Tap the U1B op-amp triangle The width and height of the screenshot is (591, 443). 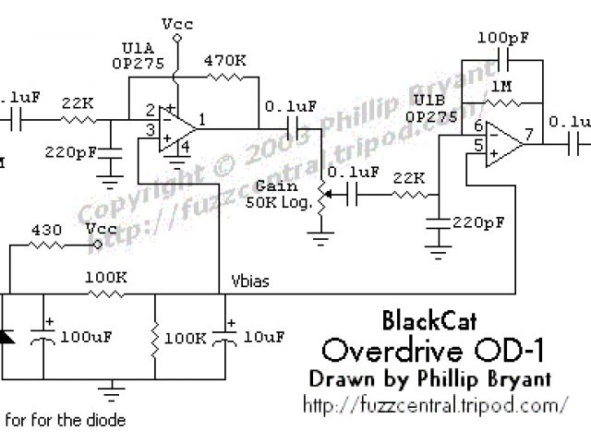[x=504, y=140]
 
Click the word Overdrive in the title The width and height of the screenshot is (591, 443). [x=388, y=351]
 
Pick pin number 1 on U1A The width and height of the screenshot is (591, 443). [x=201, y=118]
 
